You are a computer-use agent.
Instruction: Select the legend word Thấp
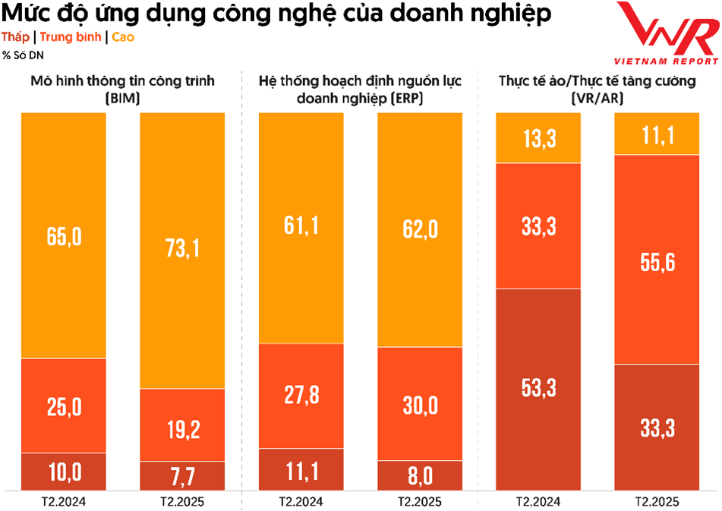[15, 36]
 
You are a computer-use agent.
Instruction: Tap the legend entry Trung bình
[70, 36]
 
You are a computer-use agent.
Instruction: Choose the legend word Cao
[123, 36]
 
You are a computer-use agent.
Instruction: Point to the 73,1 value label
[182, 248]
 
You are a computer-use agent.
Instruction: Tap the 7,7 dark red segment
[182, 477]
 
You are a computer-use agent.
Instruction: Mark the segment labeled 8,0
[420, 477]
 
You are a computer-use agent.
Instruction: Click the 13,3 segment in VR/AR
[538, 138]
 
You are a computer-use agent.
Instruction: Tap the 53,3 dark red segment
[538, 388]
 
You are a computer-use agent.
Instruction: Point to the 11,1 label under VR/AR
[657, 135]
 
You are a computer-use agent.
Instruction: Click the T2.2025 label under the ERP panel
[420, 502]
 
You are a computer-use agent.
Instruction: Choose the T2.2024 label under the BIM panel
[64, 502]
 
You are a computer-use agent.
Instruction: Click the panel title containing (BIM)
[122, 88]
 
